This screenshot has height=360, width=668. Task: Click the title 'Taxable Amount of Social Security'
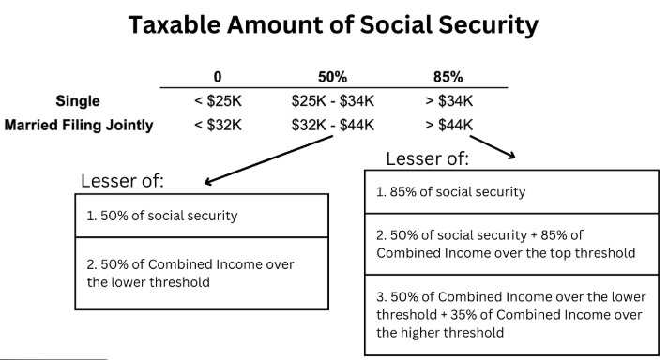click(333, 26)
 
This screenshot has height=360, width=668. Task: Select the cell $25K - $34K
click(333, 100)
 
